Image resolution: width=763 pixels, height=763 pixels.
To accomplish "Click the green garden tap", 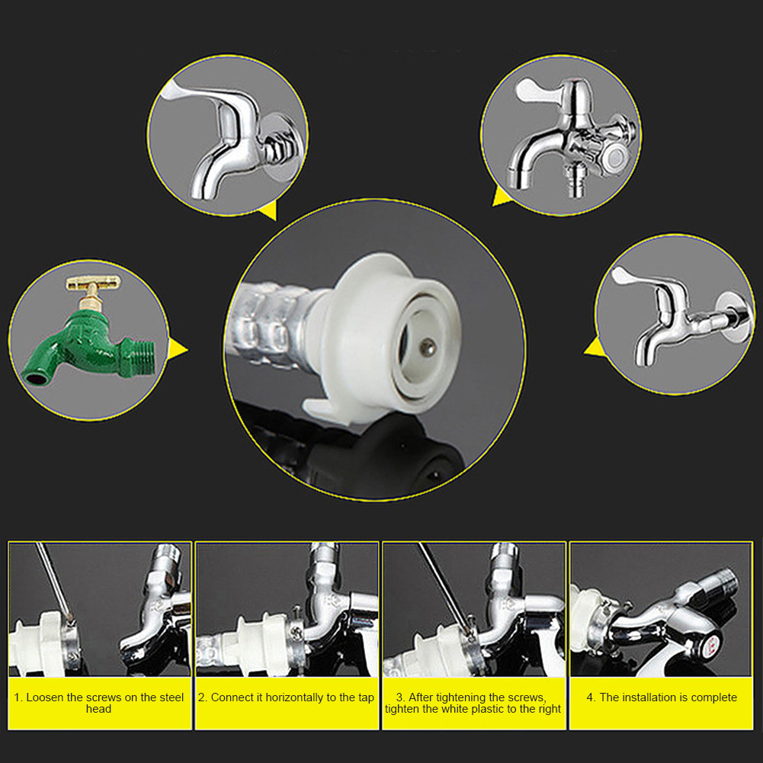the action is pos(88,341).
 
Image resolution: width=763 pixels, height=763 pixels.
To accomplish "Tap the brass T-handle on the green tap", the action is pos(92,282).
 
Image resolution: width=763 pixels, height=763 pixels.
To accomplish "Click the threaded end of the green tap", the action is pos(140,357).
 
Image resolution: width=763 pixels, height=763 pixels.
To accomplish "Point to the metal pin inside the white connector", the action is pos(428,347).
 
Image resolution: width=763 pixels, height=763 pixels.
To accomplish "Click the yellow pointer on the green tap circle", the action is pos(177,349).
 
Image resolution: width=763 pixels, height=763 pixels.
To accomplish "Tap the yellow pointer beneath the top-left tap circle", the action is pos(269,210).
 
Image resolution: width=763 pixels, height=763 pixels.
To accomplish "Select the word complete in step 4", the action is pos(714,697).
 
